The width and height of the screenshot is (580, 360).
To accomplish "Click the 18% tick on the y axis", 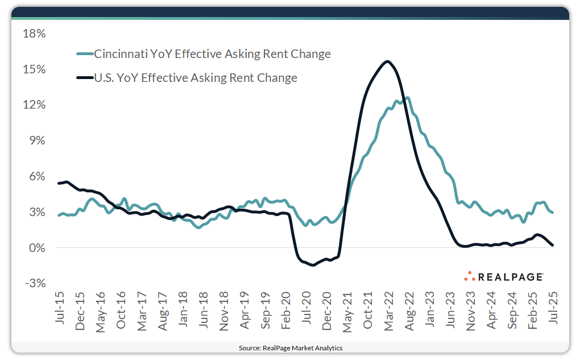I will coord(34,34).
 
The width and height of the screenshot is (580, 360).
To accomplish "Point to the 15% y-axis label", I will coord(34,69).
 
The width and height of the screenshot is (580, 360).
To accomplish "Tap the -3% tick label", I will coord(34,284).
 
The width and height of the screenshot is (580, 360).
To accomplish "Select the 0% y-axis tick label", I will coord(36,248).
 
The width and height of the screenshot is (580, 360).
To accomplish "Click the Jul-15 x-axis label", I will coord(60,310).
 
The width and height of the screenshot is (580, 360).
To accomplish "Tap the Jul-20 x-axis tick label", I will coord(306,310).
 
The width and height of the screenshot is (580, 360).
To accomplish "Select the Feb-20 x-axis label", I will coord(285,310).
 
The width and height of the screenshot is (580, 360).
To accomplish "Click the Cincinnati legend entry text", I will coord(212,55).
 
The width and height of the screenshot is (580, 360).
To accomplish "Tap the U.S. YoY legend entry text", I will coord(196,78).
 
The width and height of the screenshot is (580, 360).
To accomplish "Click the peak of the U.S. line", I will coord(387,61).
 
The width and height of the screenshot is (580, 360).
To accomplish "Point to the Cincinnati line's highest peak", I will coord(407,98).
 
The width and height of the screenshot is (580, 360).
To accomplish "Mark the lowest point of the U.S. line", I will coord(312,265).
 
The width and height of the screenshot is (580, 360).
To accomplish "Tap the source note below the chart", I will coord(290,347).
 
